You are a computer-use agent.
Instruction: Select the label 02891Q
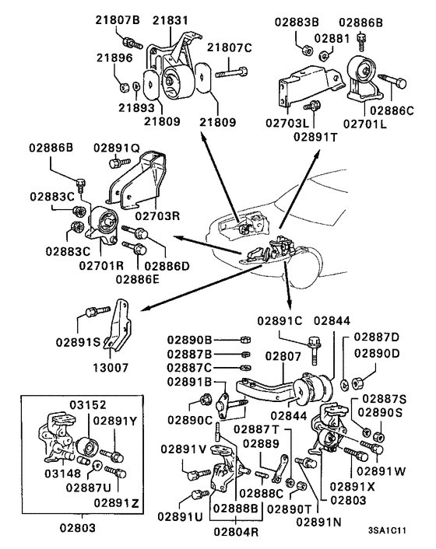117,147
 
